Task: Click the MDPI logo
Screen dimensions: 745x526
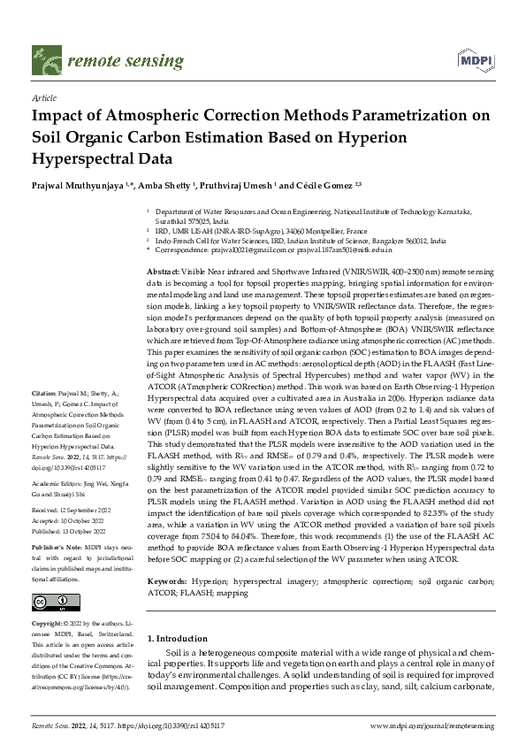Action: coord(475,61)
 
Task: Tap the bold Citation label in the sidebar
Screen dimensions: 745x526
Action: coord(44,415)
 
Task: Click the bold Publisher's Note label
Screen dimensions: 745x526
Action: coord(54,548)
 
